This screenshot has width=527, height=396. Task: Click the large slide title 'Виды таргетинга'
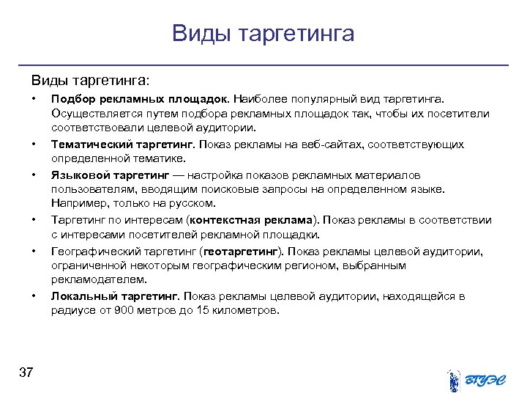pyautogui.click(x=263, y=33)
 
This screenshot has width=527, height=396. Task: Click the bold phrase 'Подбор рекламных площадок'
pyautogui.click(x=140, y=98)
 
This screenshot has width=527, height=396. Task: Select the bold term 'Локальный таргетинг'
pyautogui.click(x=114, y=296)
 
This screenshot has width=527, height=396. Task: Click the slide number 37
pyautogui.click(x=26, y=373)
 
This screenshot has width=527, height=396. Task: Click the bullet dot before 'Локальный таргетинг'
pyautogui.click(x=34, y=296)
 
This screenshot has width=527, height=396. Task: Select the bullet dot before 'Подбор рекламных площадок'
pyautogui.click(x=34, y=98)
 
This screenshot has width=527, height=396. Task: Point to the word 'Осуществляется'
pyautogui.click(x=91, y=113)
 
